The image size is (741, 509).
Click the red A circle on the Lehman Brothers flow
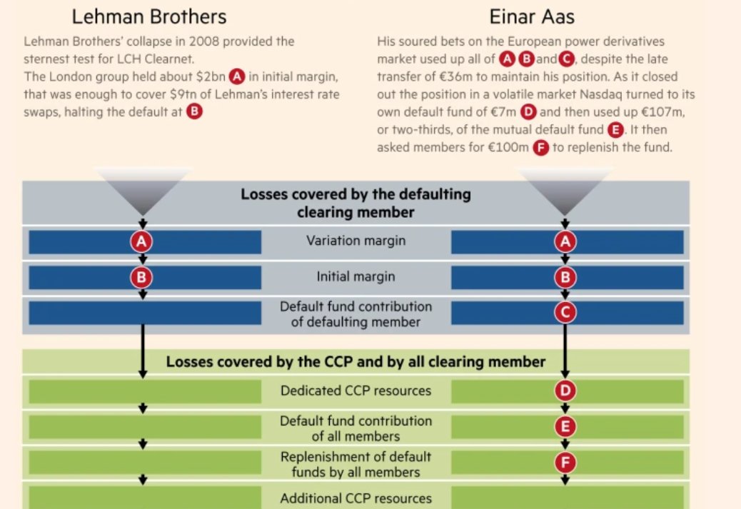pyautogui.click(x=143, y=242)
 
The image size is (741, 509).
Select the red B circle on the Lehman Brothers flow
pyautogui.click(x=143, y=277)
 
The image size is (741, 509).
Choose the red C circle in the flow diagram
pyautogui.click(x=565, y=313)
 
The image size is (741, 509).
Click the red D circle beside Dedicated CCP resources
pyautogui.click(x=565, y=391)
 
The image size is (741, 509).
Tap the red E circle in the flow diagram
pyautogui.click(x=565, y=427)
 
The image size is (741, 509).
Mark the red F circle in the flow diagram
pyautogui.click(x=565, y=463)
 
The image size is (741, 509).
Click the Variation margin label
pyautogui.click(x=356, y=241)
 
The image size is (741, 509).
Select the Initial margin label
pyautogui.click(x=356, y=277)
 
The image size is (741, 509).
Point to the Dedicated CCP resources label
pyautogui.click(x=356, y=391)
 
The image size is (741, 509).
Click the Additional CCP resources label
pyautogui.click(x=356, y=498)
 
